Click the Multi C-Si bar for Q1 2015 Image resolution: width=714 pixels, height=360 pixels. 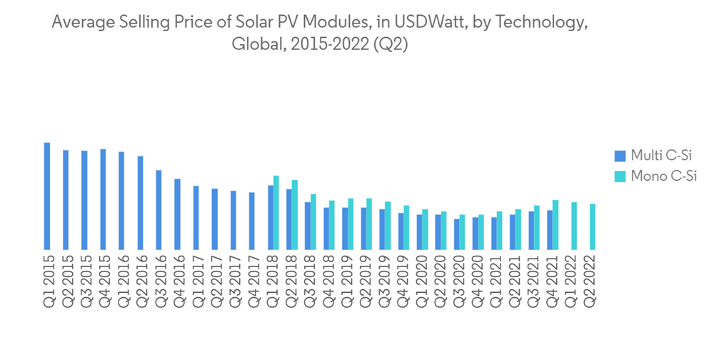pyautogui.click(x=47, y=196)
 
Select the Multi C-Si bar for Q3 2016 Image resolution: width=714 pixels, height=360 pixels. pyautogui.click(x=159, y=209)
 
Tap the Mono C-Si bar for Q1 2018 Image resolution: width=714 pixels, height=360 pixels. pyautogui.click(x=276, y=212)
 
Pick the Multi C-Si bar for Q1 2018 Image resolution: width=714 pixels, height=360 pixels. pyautogui.click(x=270, y=217)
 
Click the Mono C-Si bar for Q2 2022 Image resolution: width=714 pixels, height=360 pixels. pyautogui.click(x=592, y=226)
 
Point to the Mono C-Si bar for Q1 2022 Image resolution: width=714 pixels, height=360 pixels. pyautogui.click(x=573, y=226)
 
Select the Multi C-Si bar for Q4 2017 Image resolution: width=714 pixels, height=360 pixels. pyautogui.click(x=251, y=221)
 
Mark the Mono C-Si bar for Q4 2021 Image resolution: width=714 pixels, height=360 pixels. pyautogui.click(x=555, y=224)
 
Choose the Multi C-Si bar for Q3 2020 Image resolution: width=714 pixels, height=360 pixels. pyautogui.click(x=456, y=234)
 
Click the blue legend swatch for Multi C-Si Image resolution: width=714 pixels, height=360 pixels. pyautogui.click(x=620, y=156)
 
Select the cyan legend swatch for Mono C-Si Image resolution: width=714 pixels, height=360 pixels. pyautogui.click(x=620, y=176)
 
